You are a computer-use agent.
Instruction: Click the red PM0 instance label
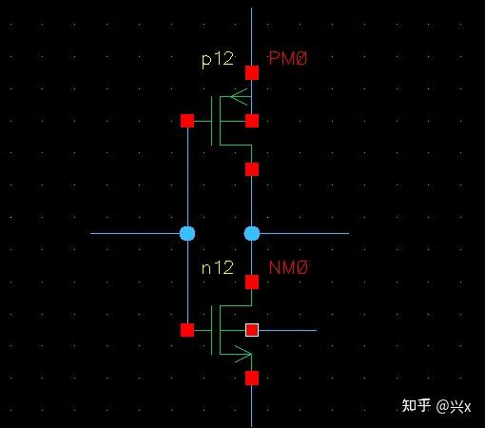pyautogui.click(x=288, y=59)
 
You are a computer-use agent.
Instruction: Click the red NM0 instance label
pyautogui.click(x=288, y=267)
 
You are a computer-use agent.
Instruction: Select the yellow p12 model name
pyautogui.click(x=218, y=60)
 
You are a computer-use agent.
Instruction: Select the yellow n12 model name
pyautogui.click(x=218, y=267)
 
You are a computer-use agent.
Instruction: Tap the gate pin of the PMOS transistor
pyautogui.click(x=187, y=121)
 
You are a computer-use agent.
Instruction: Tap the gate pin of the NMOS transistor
pyautogui.click(x=187, y=330)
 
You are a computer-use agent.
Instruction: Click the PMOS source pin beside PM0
pyautogui.click(x=252, y=72)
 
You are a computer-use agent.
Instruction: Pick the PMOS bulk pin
pyautogui.click(x=252, y=121)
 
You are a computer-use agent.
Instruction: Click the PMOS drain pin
pyautogui.click(x=252, y=169)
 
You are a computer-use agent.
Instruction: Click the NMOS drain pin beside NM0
pyautogui.click(x=252, y=282)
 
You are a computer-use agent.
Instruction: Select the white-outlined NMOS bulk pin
pyautogui.click(x=252, y=330)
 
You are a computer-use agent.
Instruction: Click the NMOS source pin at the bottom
pyautogui.click(x=252, y=379)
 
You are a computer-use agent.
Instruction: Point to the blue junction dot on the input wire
pyautogui.click(x=187, y=234)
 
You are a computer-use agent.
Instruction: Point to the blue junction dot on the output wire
pyautogui.click(x=252, y=234)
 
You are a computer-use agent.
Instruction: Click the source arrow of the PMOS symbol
pyautogui.click(x=239, y=97)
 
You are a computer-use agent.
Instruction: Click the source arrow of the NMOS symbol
pyautogui.click(x=242, y=354)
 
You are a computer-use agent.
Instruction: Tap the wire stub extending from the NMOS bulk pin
pyautogui.click(x=288, y=330)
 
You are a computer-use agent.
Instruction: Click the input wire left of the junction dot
pyautogui.click(x=135, y=234)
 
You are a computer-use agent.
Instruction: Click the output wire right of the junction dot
pyautogui.click(x=304, y=234)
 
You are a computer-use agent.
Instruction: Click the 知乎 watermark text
pyautogui.click(x=416, y=405)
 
